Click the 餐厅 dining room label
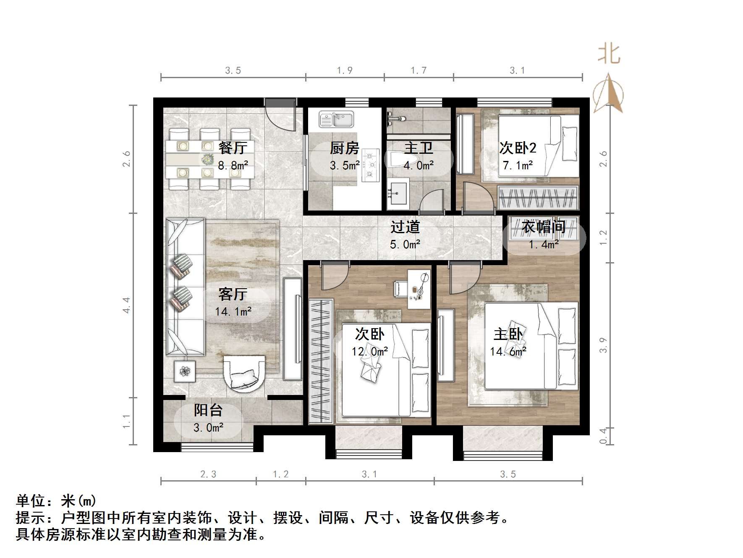point(233,148)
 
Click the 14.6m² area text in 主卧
point(508,351)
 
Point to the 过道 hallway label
point(405,227)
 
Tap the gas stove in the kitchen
point(370,165)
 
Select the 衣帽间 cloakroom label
point(544,227)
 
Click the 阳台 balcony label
point(208,411)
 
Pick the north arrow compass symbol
point(608,95)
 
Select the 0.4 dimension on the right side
point(603,436)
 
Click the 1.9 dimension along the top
point(345,71)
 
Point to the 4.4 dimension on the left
point(126,305)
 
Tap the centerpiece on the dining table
point(207,159)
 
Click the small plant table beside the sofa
point(185,371)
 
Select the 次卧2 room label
point(518,148)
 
